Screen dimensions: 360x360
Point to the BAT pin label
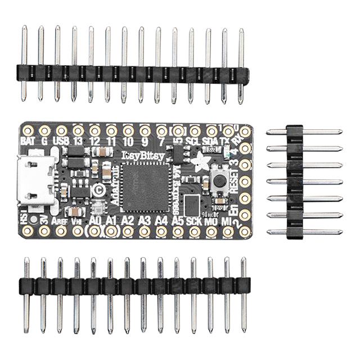pyautogui.click(x=27, y=140)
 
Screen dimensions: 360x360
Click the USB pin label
pyautogui.click(x=61, y=140)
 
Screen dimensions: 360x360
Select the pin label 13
pyautogui.click(x=78, y=140)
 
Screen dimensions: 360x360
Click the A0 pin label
pyautogui.click(x=95, y=220)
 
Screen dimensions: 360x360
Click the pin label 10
pyautogui.click(x=128, y=140)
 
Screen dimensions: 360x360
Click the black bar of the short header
pyautogui.click(x=294, y=182)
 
